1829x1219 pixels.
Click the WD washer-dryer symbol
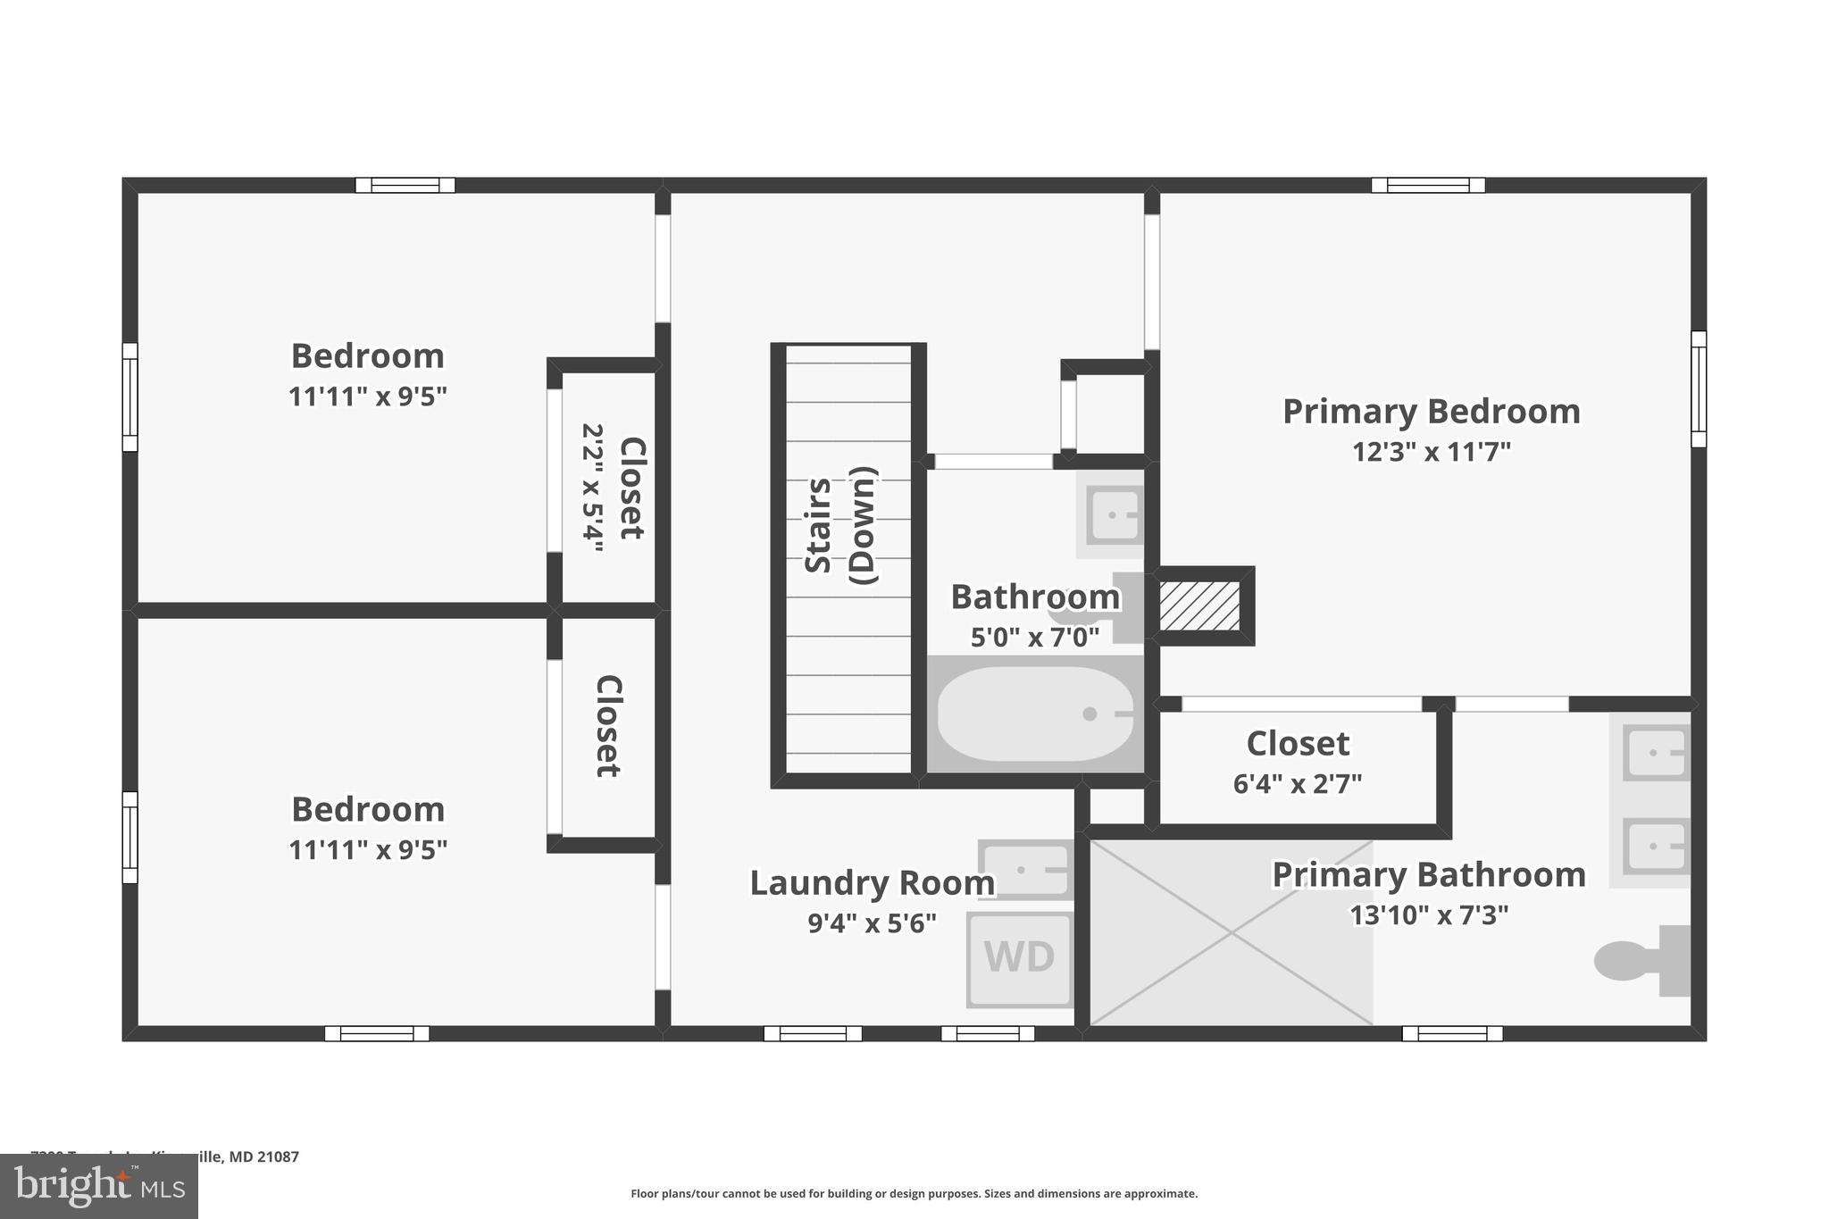coord(1019,958)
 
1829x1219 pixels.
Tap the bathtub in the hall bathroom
coord(1034,714)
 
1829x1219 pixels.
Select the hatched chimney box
coord(1199,605)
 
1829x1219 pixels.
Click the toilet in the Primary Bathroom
coord(1641,961)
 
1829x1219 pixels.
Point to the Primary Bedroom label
coord(1431,412)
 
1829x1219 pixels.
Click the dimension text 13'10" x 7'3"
coord(1428,915)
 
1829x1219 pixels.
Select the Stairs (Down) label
coord(840,526)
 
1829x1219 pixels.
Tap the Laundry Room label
coord(872,883)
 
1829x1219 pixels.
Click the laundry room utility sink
coord(1026,869)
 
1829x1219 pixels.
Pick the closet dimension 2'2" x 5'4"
coord(592,488)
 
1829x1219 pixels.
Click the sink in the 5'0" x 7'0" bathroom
coord(1113,515)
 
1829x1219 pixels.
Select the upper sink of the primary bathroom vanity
coord(1656,753)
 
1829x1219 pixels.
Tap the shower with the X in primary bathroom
coord(1231,933)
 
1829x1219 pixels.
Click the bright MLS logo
coord(99,1186)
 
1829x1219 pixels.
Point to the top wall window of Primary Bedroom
coord(1428,186)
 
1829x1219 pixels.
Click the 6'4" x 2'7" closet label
coord(1297,784)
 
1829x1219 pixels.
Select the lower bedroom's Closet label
coord(608,726)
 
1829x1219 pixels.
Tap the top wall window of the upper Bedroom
coord(405,186)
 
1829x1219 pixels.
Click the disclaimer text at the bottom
coord(914,1194)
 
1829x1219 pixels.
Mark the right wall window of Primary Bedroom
coord(1698,389)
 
